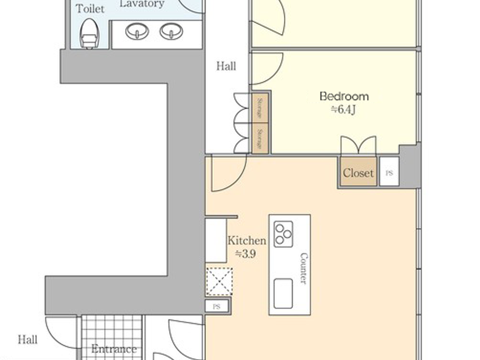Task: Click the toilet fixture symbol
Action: (x=89, y=33)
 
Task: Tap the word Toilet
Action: (x=90, y=9)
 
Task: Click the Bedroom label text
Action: (x=344, y=96)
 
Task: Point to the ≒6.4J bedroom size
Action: (x=343, y=110)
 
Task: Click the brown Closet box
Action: (x=358, y=172)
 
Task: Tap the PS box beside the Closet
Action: (x=389, y=172)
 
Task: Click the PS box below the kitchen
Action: (x=216, y=307)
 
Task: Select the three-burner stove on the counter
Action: (x=283, y=234)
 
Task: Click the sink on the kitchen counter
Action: (x=283, y=293)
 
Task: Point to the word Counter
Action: (x=304, y=268)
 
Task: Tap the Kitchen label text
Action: (x=247, y=241)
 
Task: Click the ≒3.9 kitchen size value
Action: (x=245, y=254)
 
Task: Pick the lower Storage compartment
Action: (x=260, y=139)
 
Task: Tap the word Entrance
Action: (x=114, y=349)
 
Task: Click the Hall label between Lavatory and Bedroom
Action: (x=226, y=66)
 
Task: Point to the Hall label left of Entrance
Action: (x=27, y=340)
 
